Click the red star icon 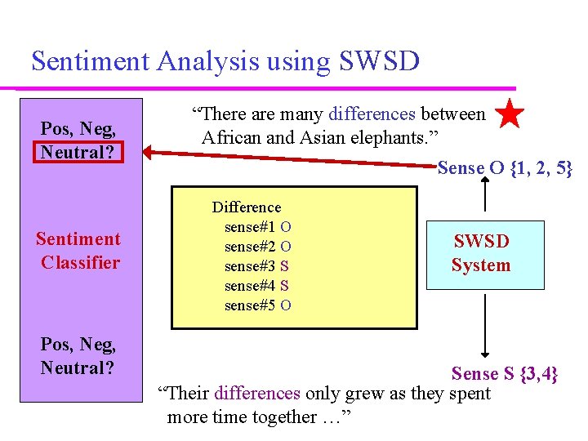pos(510,115)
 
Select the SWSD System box pos(484,254)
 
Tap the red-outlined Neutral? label pos(78,152)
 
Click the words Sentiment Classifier pos(78,251)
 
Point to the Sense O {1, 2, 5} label pos(505,168)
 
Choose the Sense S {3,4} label pos(505,373)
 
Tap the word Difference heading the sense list pos(246,207)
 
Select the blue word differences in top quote pos(372,115)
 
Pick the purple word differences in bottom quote pos(257,394)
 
